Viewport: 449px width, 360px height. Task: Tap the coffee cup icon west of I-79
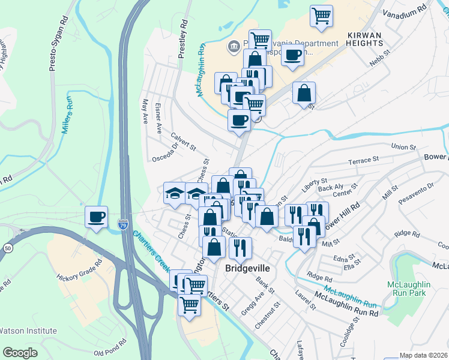pos(96,217)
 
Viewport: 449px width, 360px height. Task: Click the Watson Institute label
pos(28,331)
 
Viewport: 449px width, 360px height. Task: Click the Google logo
pos(20,353)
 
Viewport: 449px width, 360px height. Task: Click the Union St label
pos(403,147)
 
